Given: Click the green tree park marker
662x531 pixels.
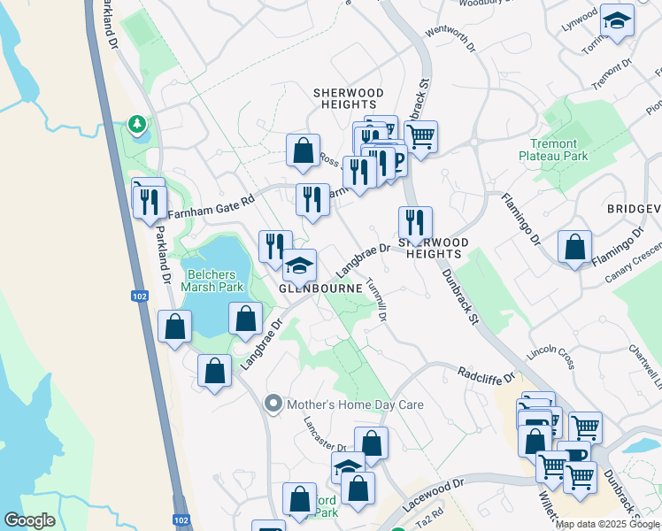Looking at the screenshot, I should (137, 126).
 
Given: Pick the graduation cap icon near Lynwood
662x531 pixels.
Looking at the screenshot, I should (616, 20).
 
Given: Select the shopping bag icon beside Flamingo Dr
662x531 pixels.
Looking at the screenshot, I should (575, 247).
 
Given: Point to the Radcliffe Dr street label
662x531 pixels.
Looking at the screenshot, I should (487, 376).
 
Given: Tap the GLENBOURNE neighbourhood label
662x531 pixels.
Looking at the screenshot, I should (319, 289).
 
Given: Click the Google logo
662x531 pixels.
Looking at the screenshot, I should (29, 520).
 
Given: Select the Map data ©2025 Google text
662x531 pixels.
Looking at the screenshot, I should (607, 524).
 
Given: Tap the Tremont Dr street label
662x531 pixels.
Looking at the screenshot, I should (614, 77).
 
